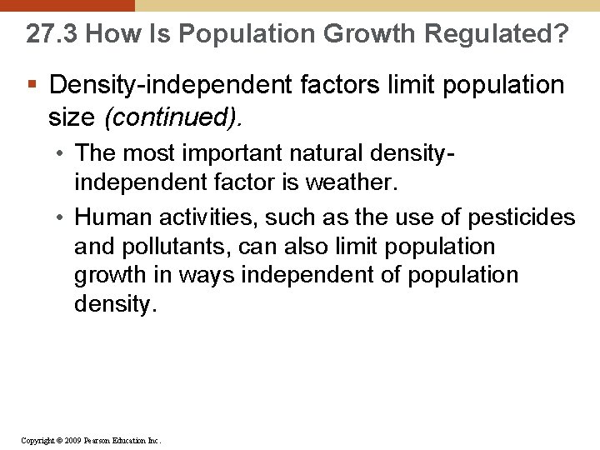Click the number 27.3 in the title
click(x=52, y=34)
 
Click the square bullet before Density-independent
click(x=32, y=85)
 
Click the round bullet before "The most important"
click(x=62, y=153)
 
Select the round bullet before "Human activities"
click(x=62, y=218)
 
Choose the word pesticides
click(x=521, y=217)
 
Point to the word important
click(x=225, y=153)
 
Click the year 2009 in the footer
click(x=72, y=440)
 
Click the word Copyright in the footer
click(x=37, y=440)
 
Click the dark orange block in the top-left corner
click(x=67, y=5)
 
